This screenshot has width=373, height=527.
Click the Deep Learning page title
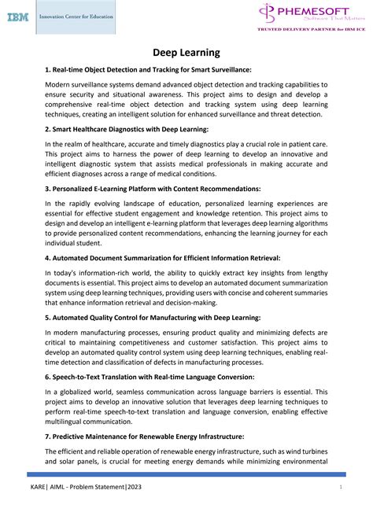point(186,52)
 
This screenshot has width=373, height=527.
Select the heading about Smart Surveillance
point(148,70)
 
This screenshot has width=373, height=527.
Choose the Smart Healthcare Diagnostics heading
point(127,129)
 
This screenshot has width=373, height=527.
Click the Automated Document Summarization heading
point(161,258)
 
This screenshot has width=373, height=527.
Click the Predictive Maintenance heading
point(144,437)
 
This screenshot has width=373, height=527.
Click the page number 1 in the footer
point(340,510)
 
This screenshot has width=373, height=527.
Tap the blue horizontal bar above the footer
point(186,474)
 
